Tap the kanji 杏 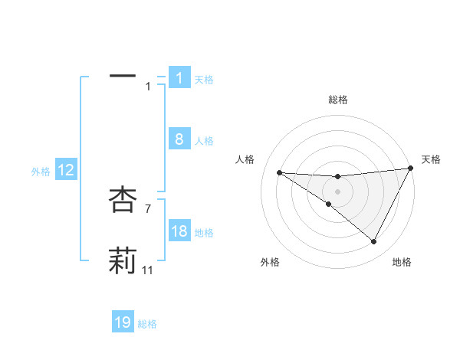123,199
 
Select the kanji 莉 123,260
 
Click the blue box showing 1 179,78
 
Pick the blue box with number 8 179,139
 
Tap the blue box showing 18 179,231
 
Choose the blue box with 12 66,170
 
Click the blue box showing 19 123,322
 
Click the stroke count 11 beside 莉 148,270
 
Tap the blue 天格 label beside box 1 204,80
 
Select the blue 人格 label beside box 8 204,141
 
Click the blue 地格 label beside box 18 204,233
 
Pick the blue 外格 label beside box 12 41,172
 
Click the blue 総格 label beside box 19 147,324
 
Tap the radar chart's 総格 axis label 337,100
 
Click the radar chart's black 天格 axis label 432,159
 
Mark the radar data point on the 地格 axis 374,242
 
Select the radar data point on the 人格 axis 279,172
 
